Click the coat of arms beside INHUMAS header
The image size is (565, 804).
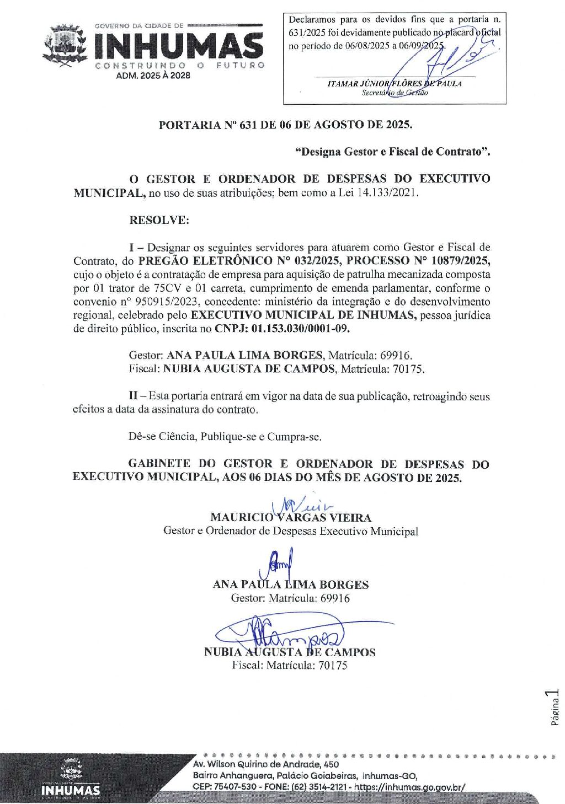(x=66, y=45)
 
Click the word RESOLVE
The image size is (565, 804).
(x=159, y=220)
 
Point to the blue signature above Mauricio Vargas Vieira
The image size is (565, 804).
(x=301, y=505)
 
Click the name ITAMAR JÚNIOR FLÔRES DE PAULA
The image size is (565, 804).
(x=395, y=83)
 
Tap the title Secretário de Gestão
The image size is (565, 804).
(x=395, y=93)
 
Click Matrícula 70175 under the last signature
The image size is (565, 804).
(x=307, y=666)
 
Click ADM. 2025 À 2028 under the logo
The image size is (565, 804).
(x=153, y=76)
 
